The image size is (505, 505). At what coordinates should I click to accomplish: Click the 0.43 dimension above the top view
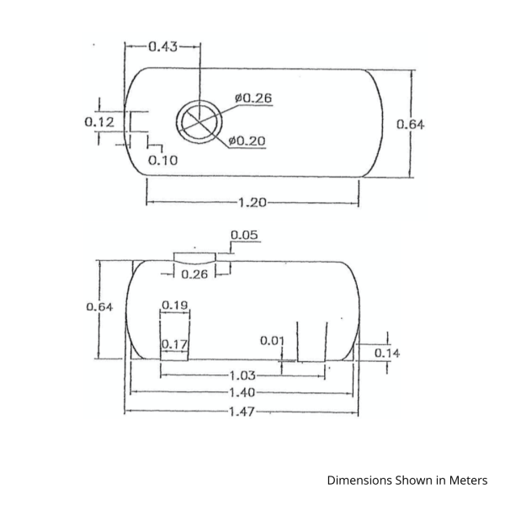[x=163, y=46]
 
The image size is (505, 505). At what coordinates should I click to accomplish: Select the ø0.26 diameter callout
[x=253, y=98]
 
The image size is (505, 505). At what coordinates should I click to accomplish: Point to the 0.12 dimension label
[x=98, y=122]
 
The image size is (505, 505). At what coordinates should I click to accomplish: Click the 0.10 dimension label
[x=162, y=160]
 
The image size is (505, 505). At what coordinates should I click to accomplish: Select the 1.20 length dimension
[x=253, y=203]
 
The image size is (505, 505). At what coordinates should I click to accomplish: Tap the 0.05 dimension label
[x=244, y=235]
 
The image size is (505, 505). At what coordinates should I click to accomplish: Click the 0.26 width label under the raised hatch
[x=194, y=274]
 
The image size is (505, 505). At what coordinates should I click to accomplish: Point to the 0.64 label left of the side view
[x=99, y=307]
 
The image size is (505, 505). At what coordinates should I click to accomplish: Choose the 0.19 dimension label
[x=174, y=305]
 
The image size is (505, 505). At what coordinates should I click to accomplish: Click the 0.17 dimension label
[x=173, y=343]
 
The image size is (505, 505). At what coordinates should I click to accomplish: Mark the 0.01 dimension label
[x=271, y=340]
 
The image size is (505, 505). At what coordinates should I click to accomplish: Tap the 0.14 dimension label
[x=386, y=353]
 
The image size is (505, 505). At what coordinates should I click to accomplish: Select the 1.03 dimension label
[x=243, y=375]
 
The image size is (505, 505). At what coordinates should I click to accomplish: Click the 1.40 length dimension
[x=243, y=393]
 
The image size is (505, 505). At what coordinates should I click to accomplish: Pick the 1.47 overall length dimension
[x=242, y=412]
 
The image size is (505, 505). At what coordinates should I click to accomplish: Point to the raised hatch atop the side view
[x=194, y=256]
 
